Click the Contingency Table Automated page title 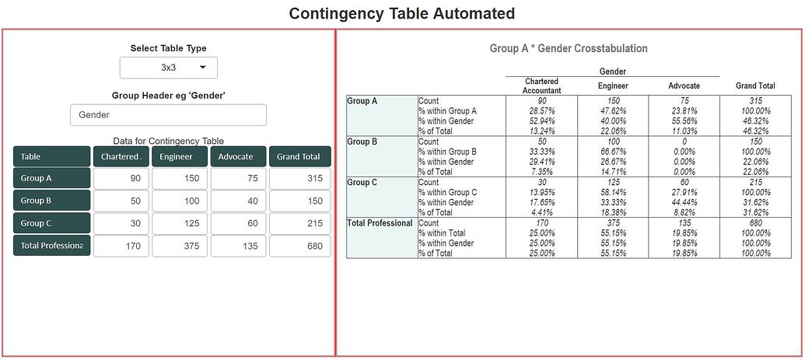click(x=401, y=13)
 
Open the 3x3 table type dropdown click(x=169, y=68)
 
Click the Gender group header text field click(x=168, y=115)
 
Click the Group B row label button click(x=51, y=201)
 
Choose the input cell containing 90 click(x=121, y=179)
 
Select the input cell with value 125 click(x=180, y=224)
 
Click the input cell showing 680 click(x=299, y=246)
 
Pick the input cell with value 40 click(x=238, y=201)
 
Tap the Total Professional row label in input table click(x=51, y=246)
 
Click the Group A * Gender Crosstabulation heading click(x=569, y=48)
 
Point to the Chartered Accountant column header click(x=541, y=86)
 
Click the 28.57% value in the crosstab click(x=541, y=110)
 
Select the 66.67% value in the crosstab click(x=613, y=152)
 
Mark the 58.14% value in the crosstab click(x=613, y=192)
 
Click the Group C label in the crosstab click(x=363, y=183)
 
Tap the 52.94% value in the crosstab click(x=541, y=121)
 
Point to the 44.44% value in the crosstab click(x=684, y=202)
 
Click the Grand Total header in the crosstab click(x=754, y=86)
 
